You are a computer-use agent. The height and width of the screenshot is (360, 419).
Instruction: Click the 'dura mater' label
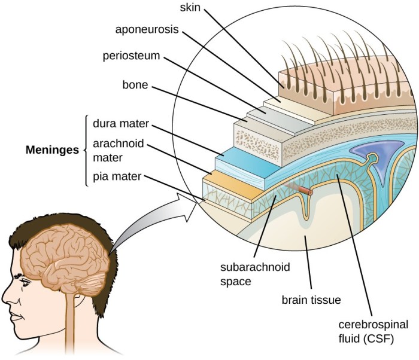[x=120, y=126]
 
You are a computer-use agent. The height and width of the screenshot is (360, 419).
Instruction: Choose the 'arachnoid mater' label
[x=116, y=151]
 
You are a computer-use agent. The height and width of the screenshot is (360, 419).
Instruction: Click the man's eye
[x=24, y=280]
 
